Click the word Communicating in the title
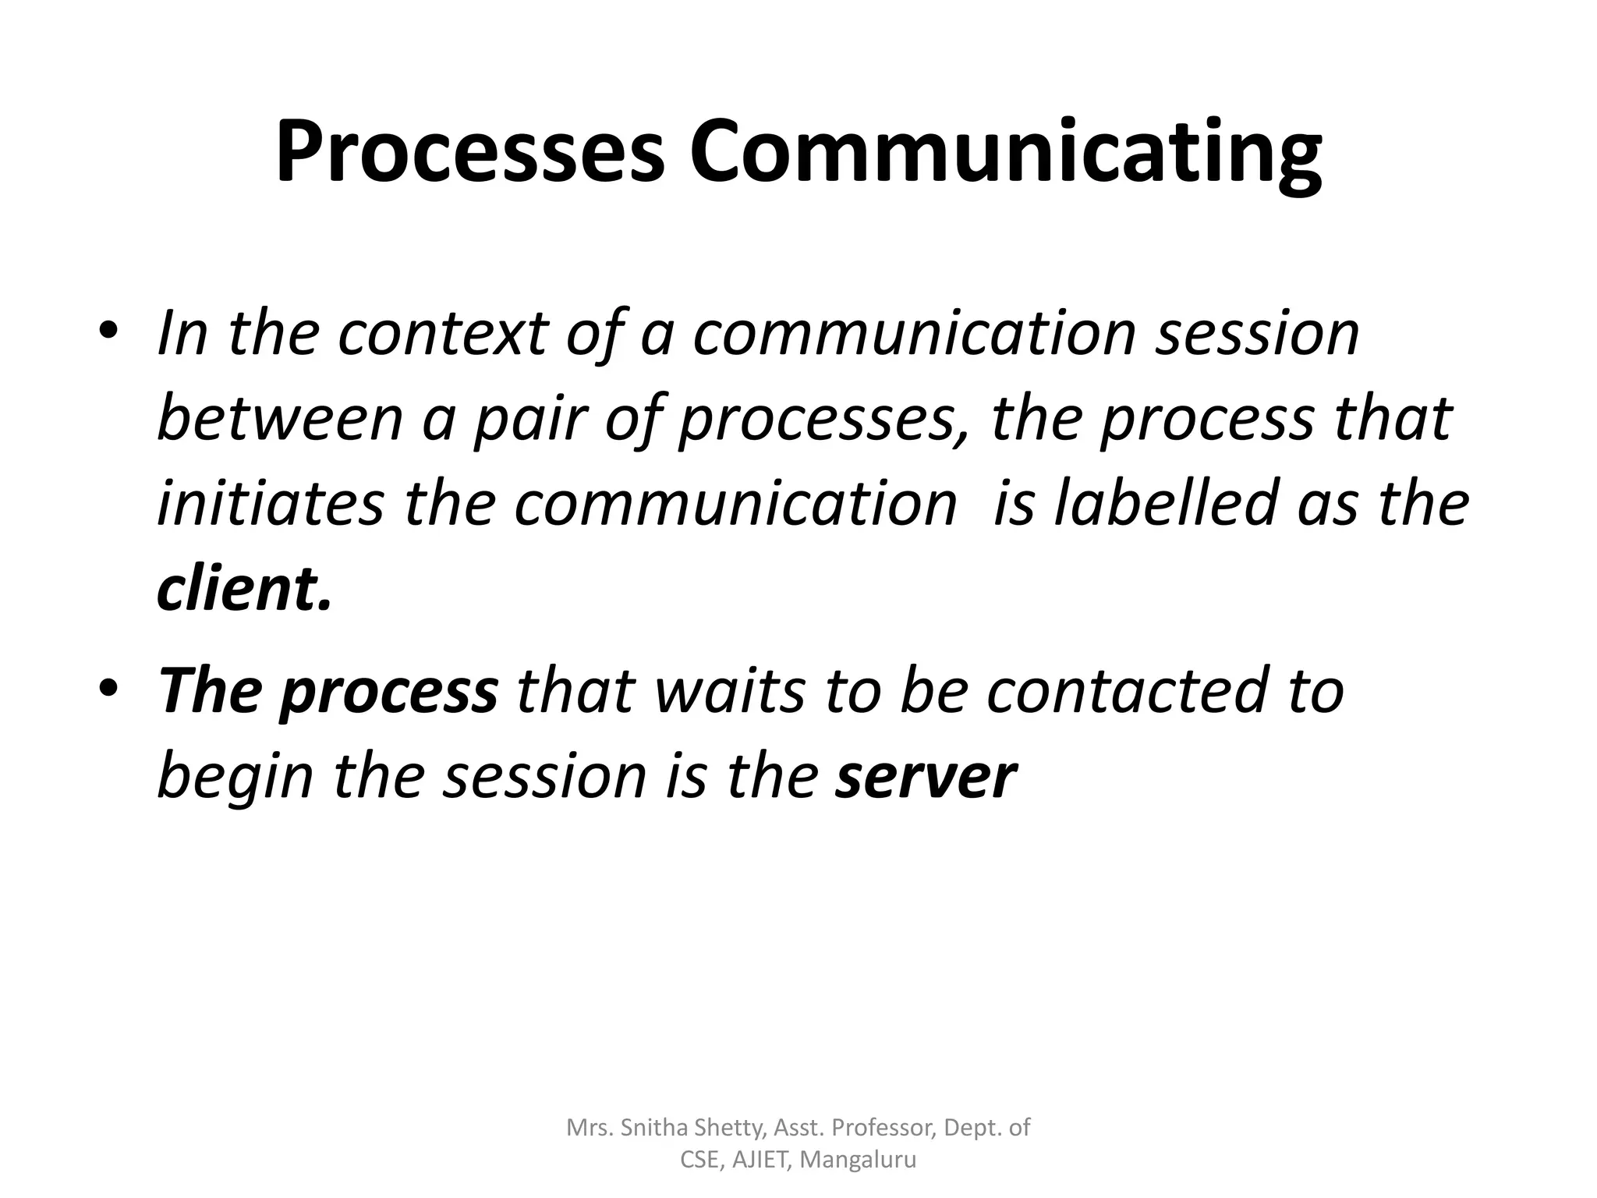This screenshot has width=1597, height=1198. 1005,152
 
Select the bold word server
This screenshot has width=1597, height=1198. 926,776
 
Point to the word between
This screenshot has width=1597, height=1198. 280,418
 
